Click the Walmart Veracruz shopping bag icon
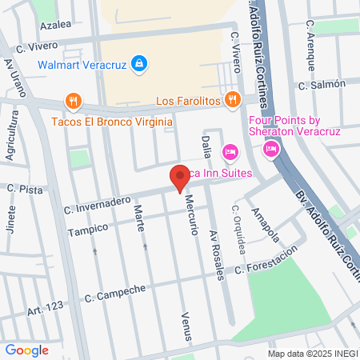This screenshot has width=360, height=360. point(138,63)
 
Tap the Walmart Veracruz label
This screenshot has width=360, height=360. point(83,63)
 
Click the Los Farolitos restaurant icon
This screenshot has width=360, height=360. point(232,99)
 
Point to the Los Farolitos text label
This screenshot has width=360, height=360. point(188,100)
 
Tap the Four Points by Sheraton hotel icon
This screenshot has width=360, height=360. point(271,148)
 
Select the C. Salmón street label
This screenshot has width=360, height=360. point(322,84)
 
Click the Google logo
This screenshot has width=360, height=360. point(26,350)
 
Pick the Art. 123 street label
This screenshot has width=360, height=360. point(44,309)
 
